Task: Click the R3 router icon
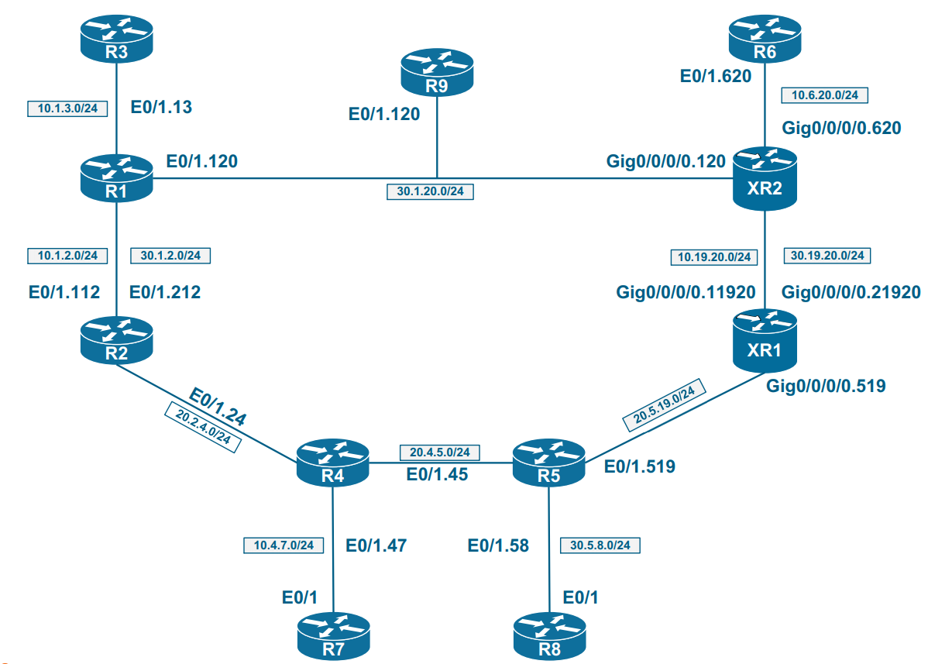point(115,39)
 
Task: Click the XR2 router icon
point(765,179)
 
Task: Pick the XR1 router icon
point(765,341)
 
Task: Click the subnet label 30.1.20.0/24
point(430,191)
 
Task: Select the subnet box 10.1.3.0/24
point(67,108)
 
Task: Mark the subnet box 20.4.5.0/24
point(440,452)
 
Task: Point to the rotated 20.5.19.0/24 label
point(665,407)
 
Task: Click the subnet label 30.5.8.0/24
point(600,545)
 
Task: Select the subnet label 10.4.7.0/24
point(283,545)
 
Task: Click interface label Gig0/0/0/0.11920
point(685,292)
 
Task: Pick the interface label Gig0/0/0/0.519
point(825,385)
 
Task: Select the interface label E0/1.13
point(160,108)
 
